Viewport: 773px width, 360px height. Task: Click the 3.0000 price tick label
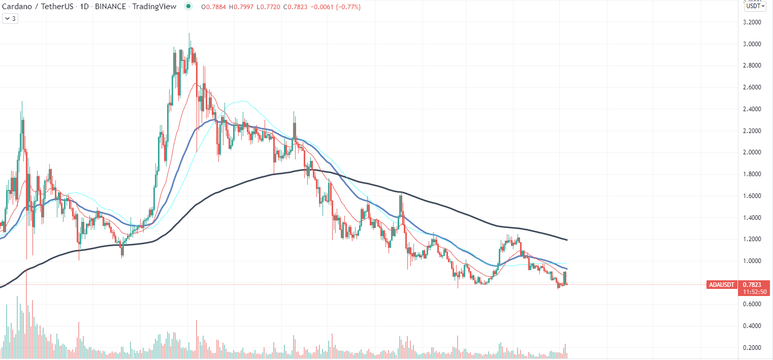click(752, 44)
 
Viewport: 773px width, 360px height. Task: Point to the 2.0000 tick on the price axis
click(752, 152)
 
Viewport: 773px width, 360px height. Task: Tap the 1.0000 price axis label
click(752, 261)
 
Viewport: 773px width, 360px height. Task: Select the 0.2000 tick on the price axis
click(752, 348)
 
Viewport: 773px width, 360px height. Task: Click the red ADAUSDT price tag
click(722, 285)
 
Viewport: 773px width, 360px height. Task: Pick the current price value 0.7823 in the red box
click(752, 285)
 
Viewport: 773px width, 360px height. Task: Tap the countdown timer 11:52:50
click(755, 292)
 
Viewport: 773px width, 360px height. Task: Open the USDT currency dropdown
click(755, 6)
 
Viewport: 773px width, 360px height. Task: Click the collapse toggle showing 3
click(10, 19)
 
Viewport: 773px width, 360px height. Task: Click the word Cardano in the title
click(17, 7)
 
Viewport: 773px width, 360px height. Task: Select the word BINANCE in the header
click(110, 7)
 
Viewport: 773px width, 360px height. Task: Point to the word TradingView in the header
click(154, 7)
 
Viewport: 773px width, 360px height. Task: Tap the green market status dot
click(188, 6)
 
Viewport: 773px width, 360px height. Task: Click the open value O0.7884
click(214, 7)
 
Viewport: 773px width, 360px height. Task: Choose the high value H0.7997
click(241, 7)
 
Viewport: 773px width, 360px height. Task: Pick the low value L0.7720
click(269, 7)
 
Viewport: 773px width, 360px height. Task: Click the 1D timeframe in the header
click(84, 7)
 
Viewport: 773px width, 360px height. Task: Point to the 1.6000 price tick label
click(752, 195)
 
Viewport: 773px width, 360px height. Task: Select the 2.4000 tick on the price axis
click(752, 109)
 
